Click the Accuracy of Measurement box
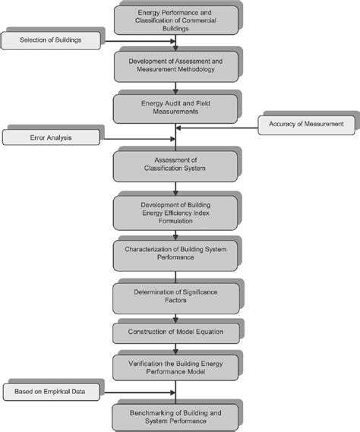[x=305, y=124]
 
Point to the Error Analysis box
[x=50, y=138]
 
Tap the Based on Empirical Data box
[x=50, y=393]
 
